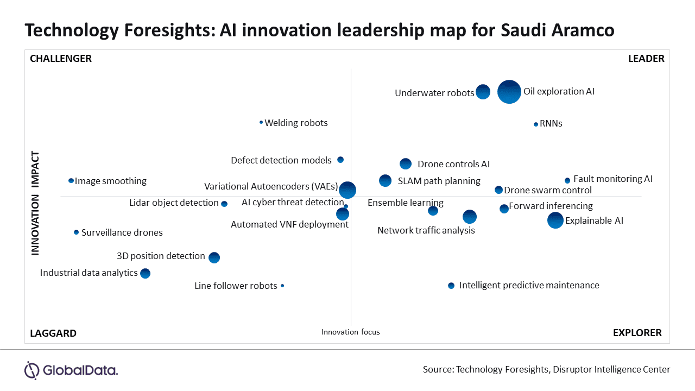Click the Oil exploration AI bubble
pos(509,91)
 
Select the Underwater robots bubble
pos(483,92)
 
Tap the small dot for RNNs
pos(536,124)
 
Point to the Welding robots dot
pos(261,122)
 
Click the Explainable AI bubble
pos(555,220)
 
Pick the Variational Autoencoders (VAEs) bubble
pos(347,190)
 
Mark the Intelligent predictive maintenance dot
pos(451,286)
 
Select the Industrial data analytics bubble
pos(145,273)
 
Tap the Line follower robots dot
pos(282,286)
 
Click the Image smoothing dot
pos(71,180)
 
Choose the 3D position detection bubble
pos(214,257)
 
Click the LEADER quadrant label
pos(646,59)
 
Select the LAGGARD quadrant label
pos(53,333)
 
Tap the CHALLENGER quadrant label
pos(61,59)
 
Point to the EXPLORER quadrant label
pos(637,333)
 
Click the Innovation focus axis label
pos(351,332)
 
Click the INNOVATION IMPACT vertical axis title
pos(35,203)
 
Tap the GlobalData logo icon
pos(32,370)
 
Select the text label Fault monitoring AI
pos(612,179)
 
